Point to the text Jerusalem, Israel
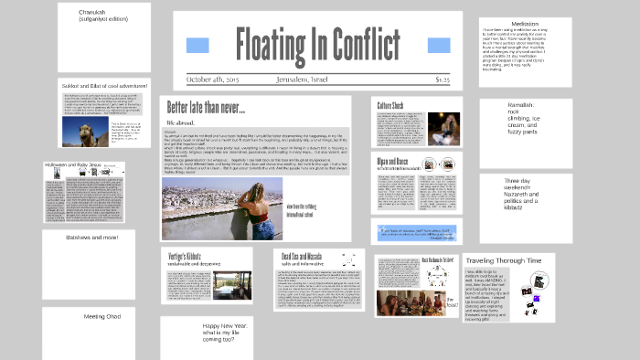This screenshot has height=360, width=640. tap(308, 79)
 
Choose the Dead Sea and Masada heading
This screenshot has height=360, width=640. tap(311, 259)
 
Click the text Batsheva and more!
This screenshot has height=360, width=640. tap(92, 238)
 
